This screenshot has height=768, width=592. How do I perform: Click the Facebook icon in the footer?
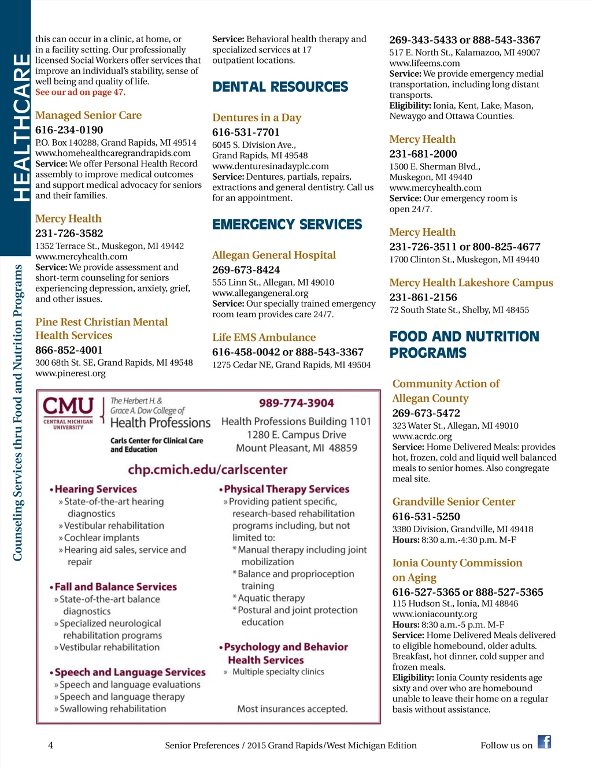tap(544, 742)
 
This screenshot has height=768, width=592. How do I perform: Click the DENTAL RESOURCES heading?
tap(280, 87)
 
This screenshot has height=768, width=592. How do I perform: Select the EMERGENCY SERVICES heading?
tap(287, 225)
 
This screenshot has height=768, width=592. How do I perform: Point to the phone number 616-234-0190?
tap(69, 130)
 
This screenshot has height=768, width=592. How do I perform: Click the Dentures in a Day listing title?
tap(256, 118)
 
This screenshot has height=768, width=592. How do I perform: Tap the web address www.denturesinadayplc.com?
tap(270, 166)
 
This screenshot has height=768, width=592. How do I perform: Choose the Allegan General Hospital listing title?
tap(273, 255)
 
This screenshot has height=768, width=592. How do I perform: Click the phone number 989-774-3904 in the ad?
tap(296, 403)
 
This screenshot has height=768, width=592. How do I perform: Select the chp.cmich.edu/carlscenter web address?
tap(208, 469)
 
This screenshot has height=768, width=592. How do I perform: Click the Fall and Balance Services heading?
tap(115, 587)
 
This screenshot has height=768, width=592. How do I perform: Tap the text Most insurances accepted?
tap(292, 708)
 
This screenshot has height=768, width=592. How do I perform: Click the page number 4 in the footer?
tap(50, 745)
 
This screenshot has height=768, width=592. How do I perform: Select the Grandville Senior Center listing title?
tap(453, 502)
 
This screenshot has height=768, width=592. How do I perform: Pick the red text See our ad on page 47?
tap(80, 92)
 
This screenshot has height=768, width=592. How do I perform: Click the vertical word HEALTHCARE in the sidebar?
tap(21, 127)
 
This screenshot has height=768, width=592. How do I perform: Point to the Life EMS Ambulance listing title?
tap(264, 337)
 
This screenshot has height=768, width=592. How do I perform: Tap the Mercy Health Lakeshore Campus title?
tap(471, 283)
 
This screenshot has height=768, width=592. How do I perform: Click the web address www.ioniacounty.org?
tap(435, 614)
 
